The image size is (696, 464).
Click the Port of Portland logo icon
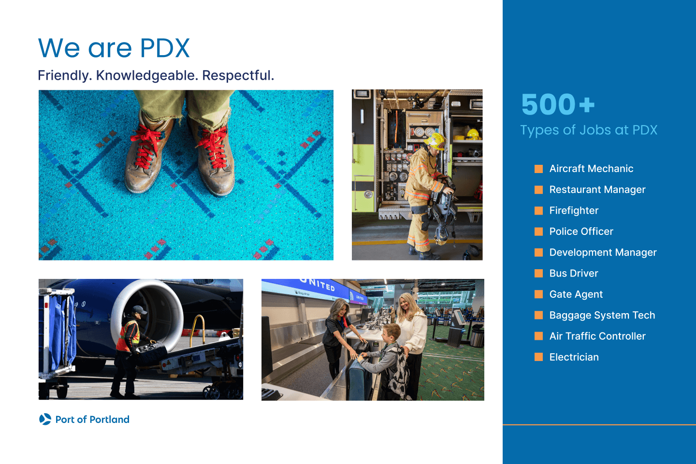point(45,419)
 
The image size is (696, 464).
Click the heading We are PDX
point(114,48)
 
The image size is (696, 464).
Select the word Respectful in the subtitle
point(238,75)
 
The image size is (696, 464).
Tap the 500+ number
point(557,104)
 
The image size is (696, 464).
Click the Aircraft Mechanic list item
point(591,169)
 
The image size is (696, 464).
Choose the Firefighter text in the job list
point(574,211)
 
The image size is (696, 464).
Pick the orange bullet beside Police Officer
point(538,232)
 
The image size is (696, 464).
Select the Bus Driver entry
point(574,274)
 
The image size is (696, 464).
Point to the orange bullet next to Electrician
point(538,357)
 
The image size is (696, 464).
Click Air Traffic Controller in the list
point(597,336)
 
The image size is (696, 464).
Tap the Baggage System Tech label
point(602,315)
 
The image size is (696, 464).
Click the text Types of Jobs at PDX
point(589,130)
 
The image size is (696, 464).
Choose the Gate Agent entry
point(576,294)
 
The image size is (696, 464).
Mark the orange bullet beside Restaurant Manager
point(538,190)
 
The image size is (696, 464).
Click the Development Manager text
point(603,252)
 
